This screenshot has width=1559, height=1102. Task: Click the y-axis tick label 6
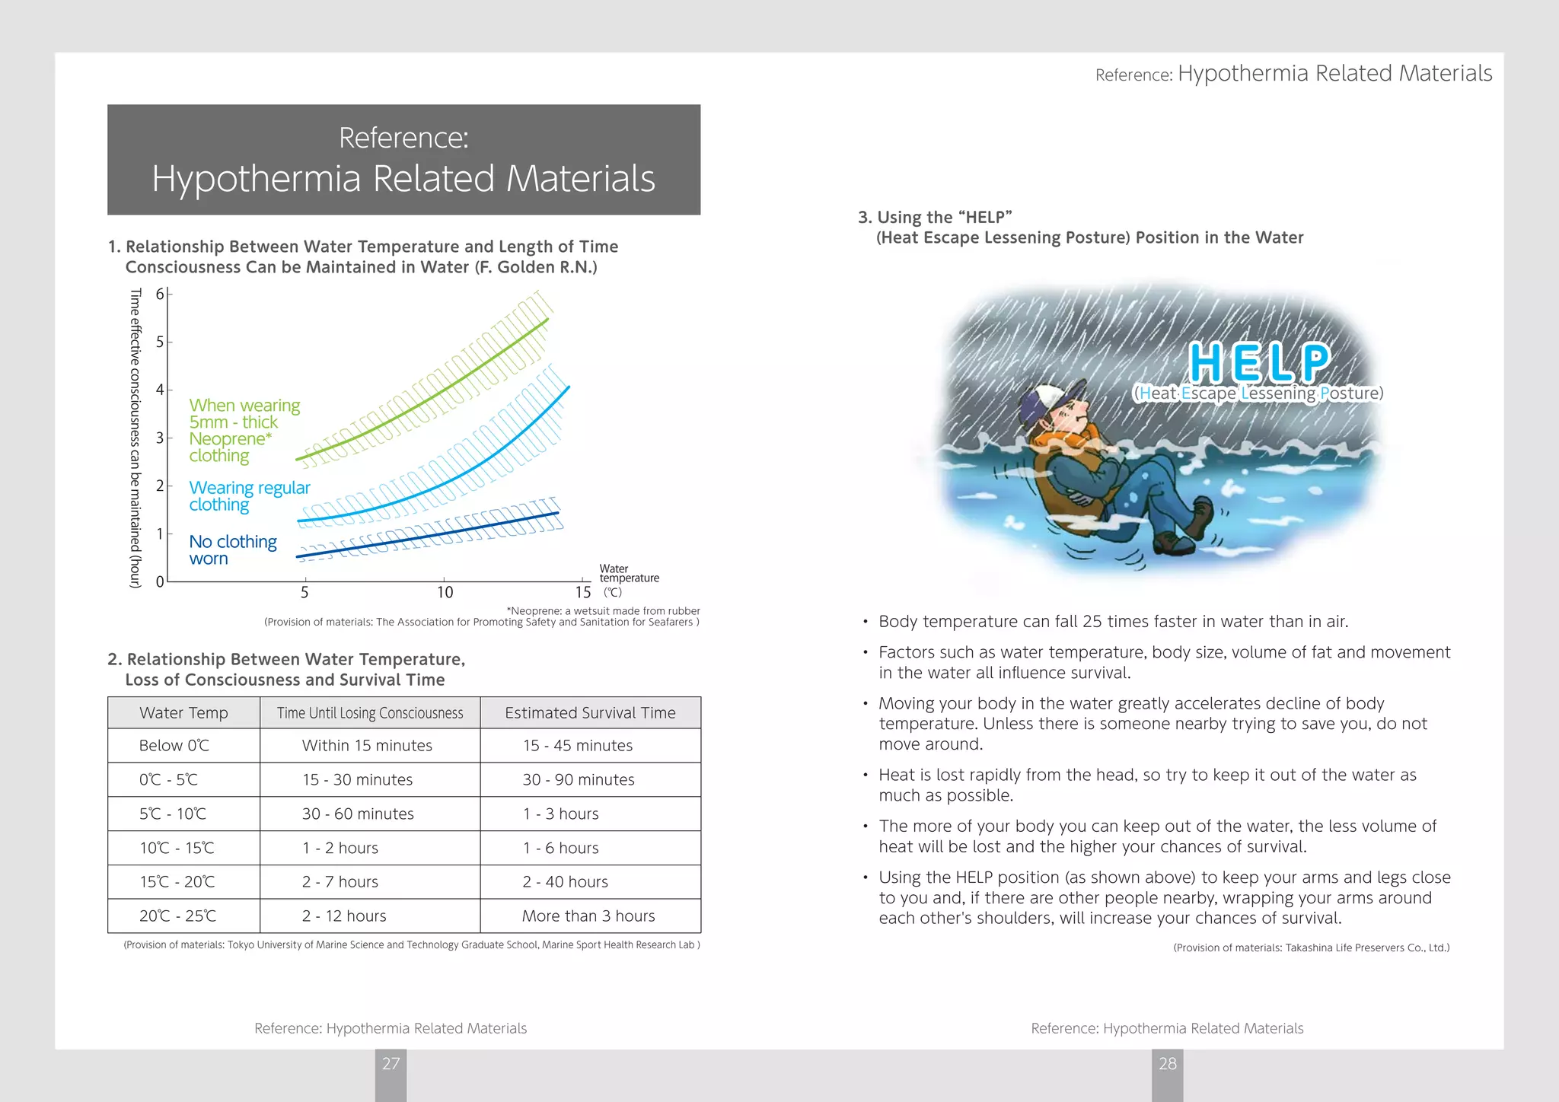(160, 295)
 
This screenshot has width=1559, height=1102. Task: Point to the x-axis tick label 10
(445, 593)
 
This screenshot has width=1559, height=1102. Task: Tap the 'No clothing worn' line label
(232, 549)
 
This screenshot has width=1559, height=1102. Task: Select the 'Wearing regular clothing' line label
(249, 496)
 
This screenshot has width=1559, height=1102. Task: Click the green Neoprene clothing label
(244, 431)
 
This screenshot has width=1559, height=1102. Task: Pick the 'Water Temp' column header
(183, 713)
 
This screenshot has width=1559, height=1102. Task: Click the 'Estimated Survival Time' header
(590, 713)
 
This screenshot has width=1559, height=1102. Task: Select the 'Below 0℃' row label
(174, 746)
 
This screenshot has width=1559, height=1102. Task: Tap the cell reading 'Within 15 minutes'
(367, 746)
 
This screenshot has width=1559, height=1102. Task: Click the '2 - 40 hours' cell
(565, 882)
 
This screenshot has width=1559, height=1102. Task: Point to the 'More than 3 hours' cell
(588, 916)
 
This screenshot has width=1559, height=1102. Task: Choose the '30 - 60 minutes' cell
(358, 814)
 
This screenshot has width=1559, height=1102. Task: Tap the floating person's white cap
(1043, 399)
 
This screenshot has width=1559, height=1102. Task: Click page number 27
(391, 1064)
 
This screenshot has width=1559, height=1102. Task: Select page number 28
(1167, 1064)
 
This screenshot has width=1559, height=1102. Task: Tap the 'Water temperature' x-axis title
(628, 574)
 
